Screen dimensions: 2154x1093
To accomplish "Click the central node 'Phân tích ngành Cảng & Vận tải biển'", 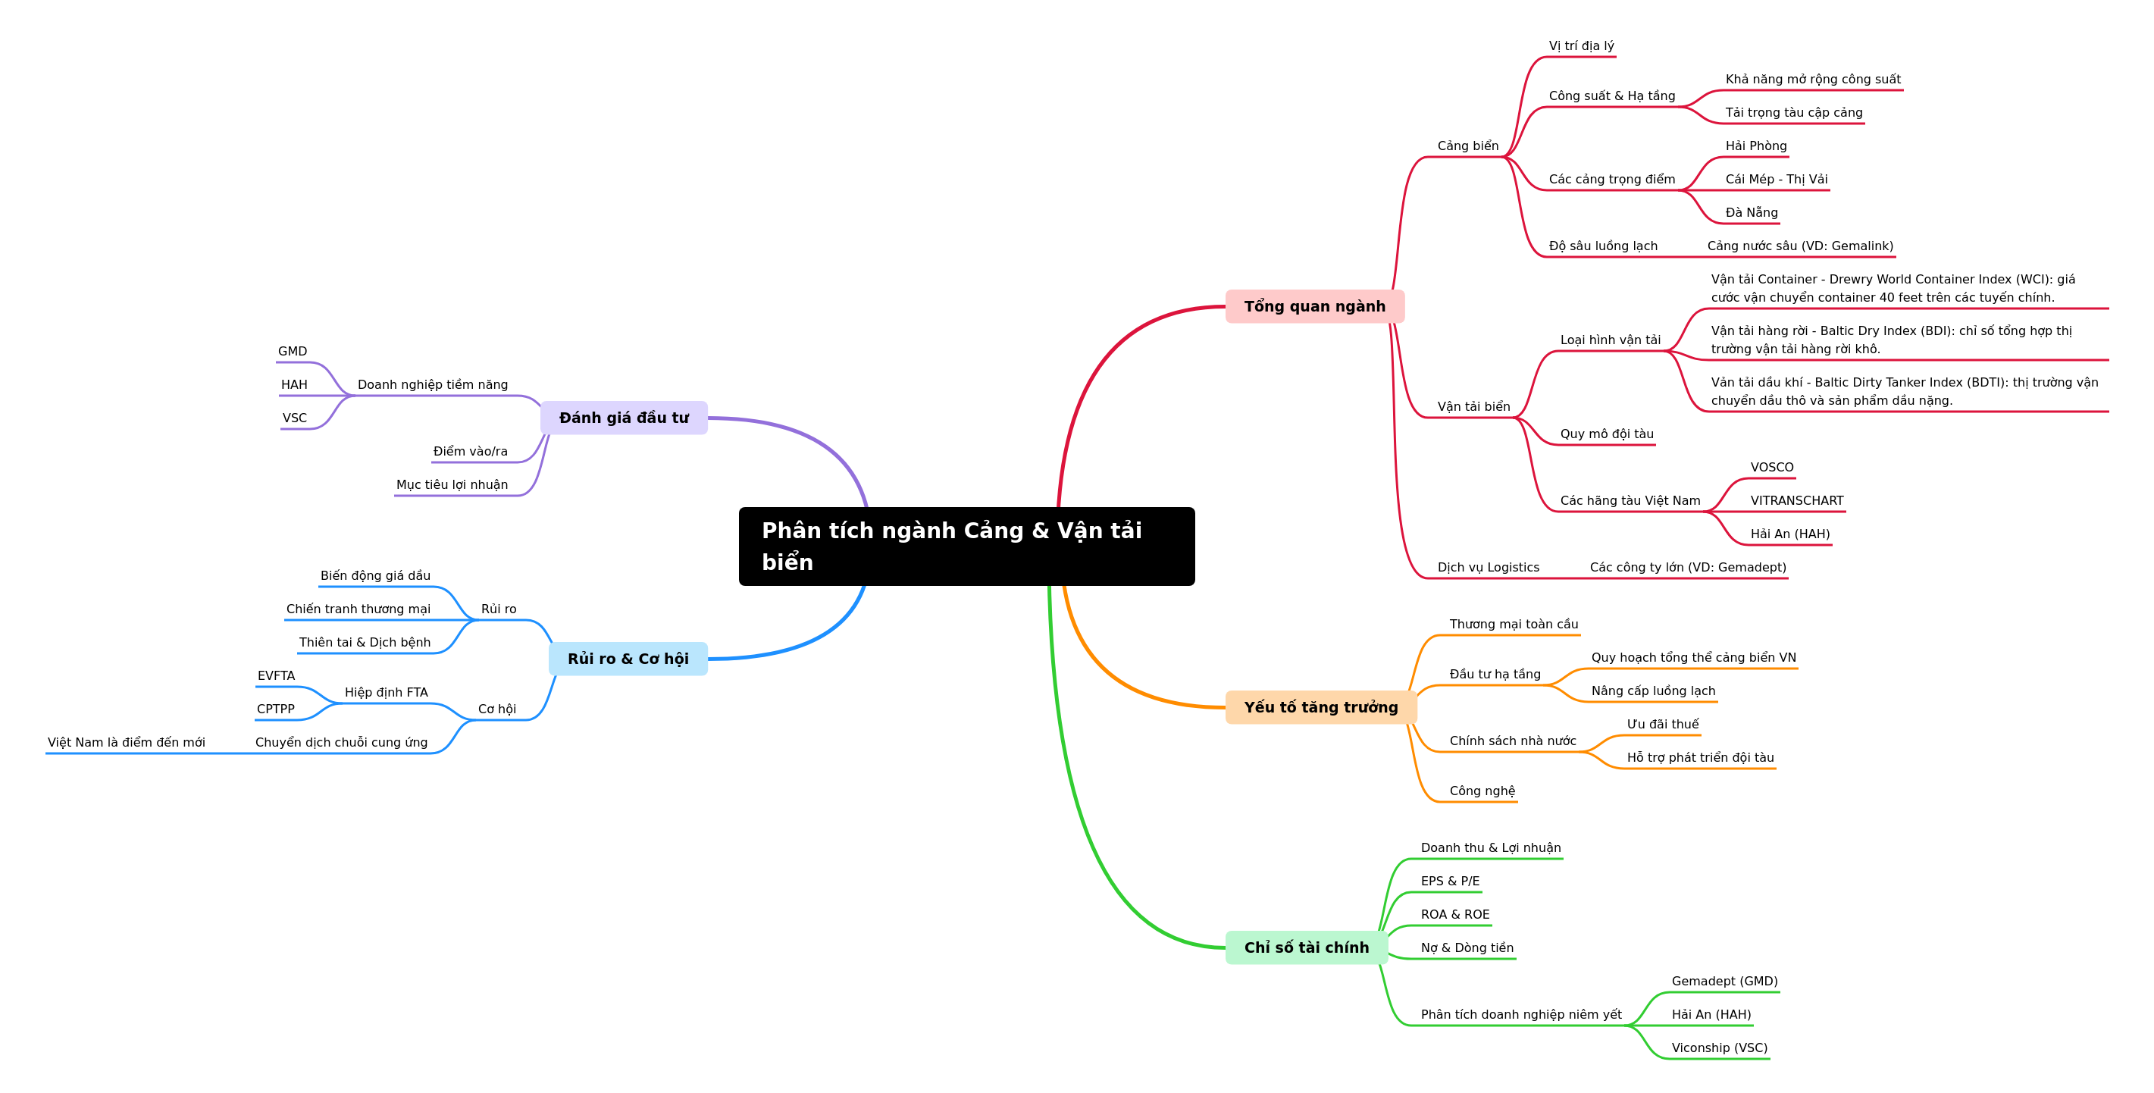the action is click(966, 546).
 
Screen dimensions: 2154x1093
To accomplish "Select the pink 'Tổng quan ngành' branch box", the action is click(1314, 306).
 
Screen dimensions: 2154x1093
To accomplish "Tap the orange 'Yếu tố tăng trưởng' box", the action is click(1320, 706).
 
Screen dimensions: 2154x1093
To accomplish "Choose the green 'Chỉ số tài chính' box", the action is click(1306, 947).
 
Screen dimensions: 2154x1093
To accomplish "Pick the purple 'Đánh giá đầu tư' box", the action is click(624, 418).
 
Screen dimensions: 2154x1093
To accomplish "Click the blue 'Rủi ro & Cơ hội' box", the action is click(628, 658).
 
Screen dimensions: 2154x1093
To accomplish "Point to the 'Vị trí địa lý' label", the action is click(1581, 46).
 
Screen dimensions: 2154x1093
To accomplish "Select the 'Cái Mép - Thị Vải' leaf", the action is click(1776, 179).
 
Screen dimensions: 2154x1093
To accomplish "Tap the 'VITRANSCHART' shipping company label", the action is click(1797, 500).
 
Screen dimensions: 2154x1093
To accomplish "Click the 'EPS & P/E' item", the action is click(1450, 881).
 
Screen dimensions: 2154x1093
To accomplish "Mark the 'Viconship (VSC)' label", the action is click(1719, 1048).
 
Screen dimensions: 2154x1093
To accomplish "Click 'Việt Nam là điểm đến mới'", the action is click(127, 743).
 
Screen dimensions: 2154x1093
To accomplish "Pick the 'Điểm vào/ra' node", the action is click(470, 452).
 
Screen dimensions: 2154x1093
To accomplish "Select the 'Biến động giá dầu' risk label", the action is click(375, 575).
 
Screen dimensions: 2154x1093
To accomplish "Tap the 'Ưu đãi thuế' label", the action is click(1662, 724).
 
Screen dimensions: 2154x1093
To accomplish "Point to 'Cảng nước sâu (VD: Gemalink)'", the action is click(1800, 246).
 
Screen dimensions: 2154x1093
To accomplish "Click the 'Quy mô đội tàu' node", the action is click(1606, 434).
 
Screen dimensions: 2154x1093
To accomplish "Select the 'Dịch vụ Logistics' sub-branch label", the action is click(1488, 567).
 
